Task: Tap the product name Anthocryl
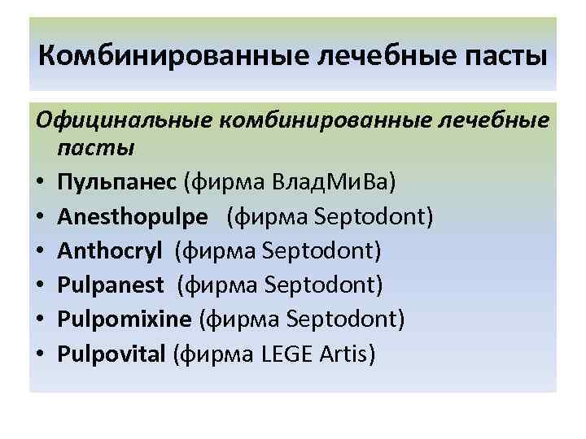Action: pos(112,252)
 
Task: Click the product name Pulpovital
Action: pos(112,355)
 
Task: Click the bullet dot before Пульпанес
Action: pos(41,185)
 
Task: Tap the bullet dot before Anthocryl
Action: pos(41,253)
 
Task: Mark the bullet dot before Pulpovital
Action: pos(41,356)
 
